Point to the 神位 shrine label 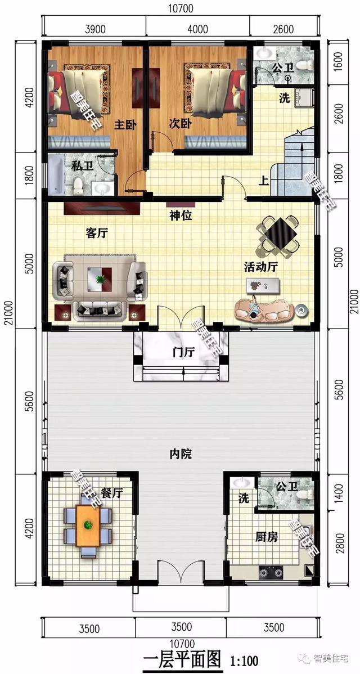181,214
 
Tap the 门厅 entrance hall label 183,353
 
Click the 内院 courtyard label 181,453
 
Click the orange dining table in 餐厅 88,527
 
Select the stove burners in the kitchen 272,573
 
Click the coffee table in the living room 100,278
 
